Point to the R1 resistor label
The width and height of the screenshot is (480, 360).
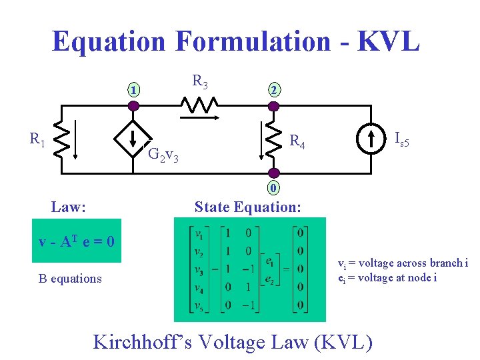[x=37, y=139]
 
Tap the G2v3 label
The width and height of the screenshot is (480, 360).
[x=163, y=155]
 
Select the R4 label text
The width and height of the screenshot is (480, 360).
[x=297, y=141]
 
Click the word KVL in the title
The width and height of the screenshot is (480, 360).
[x=389, y=41]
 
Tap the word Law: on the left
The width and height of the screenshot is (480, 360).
[x=68, y=207]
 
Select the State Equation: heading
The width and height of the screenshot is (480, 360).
[x=247, y=207]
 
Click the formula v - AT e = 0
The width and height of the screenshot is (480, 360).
[x=77, y=241]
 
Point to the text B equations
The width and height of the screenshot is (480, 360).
[x=70, y=279]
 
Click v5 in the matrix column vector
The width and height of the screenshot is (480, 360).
[x=199, y=306]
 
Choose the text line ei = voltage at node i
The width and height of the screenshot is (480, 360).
[x=387, y=277]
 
